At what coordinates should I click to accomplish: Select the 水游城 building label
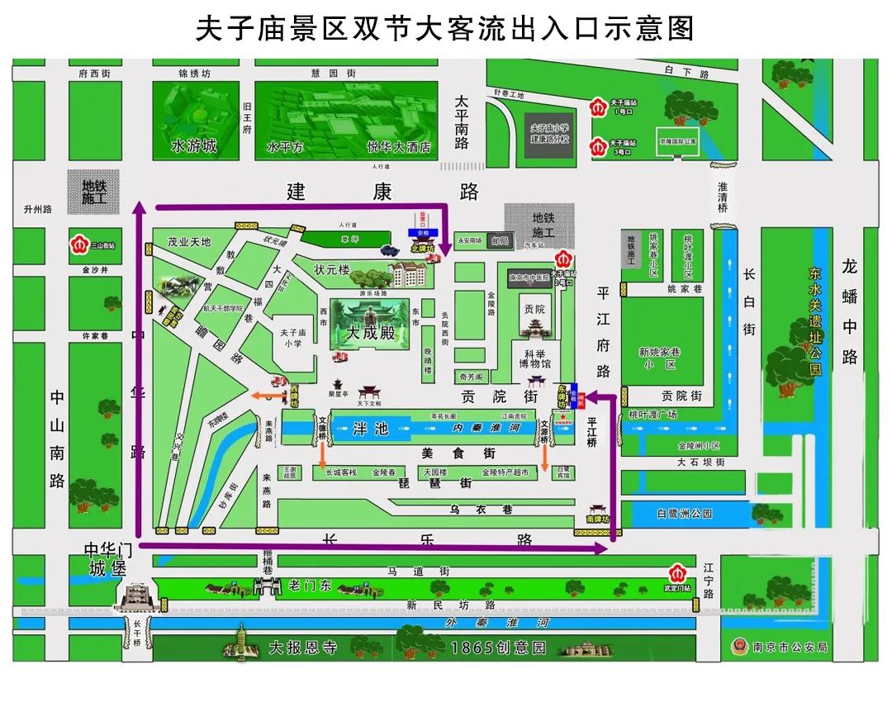(193, 147)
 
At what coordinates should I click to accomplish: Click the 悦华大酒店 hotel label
(401, 147)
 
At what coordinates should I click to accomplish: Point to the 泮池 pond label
(370, 429)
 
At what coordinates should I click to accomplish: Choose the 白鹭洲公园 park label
(684, 514)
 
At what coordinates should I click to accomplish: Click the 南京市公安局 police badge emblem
(738, 647)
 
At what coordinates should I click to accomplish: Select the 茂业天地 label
(189, 242)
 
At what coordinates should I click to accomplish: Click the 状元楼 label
(332, 270)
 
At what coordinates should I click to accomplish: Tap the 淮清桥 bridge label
(723, 197)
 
